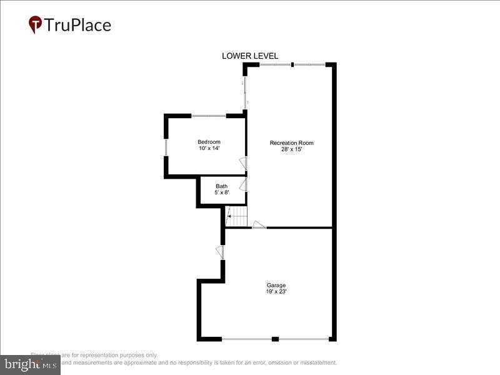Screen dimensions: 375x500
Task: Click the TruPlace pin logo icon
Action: coord(36,24)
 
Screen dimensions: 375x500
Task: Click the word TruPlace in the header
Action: coord(77,25)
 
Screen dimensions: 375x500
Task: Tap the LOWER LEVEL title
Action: coord(250,56)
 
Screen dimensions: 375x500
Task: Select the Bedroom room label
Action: coord(209,142)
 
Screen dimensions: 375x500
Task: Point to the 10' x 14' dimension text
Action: coord(209,149)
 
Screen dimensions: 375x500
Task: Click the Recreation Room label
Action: coord(291,143)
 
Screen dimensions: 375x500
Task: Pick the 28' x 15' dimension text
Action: coord(291,150)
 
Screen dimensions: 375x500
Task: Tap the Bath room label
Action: coord(222,186)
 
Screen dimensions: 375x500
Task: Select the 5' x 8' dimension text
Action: coord(222,193)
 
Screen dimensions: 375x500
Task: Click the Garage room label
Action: coord(276,285)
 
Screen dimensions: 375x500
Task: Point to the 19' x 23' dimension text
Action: coord(276,292)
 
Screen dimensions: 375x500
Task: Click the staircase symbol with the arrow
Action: coord(237,217)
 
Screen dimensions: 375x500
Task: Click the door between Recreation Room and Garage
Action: coord(259,225)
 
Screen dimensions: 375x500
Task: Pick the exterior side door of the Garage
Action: coord(220,251)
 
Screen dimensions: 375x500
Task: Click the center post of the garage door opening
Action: coord(275,339)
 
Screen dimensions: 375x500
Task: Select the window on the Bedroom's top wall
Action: coord(209,116)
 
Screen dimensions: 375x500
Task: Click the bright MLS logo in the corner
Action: coord(30,363)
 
